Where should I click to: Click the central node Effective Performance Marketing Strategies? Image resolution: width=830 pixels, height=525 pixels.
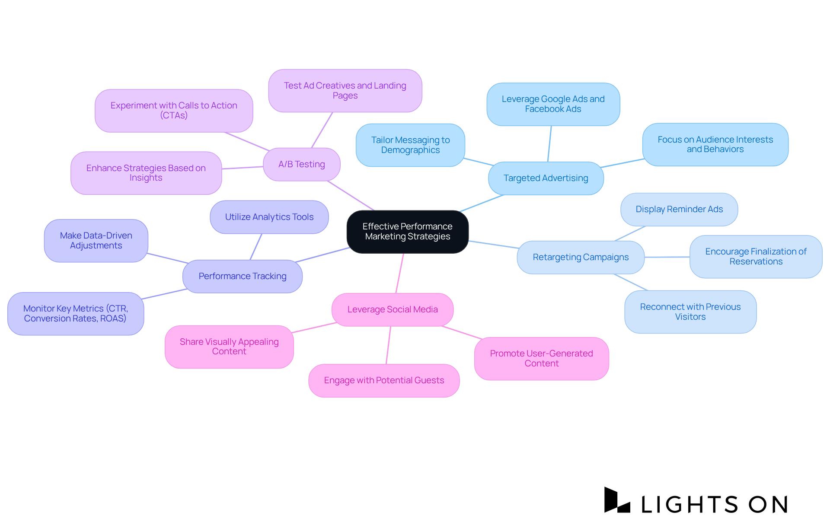click(407, 232)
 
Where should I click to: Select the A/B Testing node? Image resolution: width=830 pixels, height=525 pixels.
click(301, 164)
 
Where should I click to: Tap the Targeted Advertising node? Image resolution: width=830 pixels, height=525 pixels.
click(546, 178)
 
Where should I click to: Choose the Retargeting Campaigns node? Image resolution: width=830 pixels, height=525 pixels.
click(581, 257)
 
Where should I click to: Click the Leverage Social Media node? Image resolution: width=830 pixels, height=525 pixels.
click(392, 309)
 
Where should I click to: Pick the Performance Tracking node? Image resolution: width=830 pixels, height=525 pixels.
click(242, 276)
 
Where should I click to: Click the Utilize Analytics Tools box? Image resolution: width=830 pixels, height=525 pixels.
click(269, 217)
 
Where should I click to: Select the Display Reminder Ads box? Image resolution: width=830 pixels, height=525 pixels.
click(679, 209)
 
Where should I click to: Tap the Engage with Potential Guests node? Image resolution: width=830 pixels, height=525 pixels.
click(384, 380)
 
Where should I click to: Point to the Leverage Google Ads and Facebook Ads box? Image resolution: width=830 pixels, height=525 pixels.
click(553, 104)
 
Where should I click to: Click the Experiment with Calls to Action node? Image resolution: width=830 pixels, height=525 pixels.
click(174, 111)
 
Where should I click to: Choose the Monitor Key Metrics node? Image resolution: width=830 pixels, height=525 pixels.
click(76, 313)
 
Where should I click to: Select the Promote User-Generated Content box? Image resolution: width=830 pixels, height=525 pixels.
click(541, 358)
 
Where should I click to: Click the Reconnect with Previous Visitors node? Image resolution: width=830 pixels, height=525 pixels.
click(690, 312)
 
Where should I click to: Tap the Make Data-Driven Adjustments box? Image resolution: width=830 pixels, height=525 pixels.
click(96, 240)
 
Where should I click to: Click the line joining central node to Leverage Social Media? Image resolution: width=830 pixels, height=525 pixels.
click(399, 273)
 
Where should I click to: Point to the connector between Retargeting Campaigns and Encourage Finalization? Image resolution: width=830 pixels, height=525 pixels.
click(667, 257)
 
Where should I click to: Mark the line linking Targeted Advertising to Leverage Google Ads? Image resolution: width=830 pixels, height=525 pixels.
click(549, 144)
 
